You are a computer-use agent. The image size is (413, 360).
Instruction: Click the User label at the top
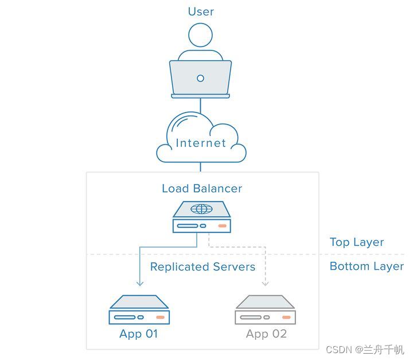coord(201,12)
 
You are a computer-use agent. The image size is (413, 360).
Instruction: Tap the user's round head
coord(200,35)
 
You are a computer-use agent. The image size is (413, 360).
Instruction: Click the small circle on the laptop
coord(200,78)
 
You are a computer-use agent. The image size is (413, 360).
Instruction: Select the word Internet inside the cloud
coord(201,143)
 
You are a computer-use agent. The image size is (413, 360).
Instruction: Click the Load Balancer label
coord(202,188)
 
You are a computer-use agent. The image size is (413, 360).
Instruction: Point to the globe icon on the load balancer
coord(201,209)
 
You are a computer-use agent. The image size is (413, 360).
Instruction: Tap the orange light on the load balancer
coord(223,226)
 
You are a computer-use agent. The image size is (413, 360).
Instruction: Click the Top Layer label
coord(357,242)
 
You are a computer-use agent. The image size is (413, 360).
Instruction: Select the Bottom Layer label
coord(367,266)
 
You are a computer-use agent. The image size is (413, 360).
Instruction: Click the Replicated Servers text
coord(202,266)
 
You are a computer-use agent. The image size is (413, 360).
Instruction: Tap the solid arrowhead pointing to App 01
coord(140,284)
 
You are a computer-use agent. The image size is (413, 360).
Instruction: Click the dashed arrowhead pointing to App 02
coord(265,284)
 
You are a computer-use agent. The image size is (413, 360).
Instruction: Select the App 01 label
coord(139,334)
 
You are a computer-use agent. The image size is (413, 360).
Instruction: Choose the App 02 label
coord(266,334)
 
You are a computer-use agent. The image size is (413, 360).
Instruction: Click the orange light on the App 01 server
coord(161,318)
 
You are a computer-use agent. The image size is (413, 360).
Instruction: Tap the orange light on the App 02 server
coord(286,318)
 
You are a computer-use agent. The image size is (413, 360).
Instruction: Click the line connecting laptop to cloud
coord(200,106)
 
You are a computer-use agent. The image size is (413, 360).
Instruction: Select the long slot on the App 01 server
coord(124,318)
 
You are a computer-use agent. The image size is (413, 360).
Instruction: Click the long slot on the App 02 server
coord(251,318)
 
